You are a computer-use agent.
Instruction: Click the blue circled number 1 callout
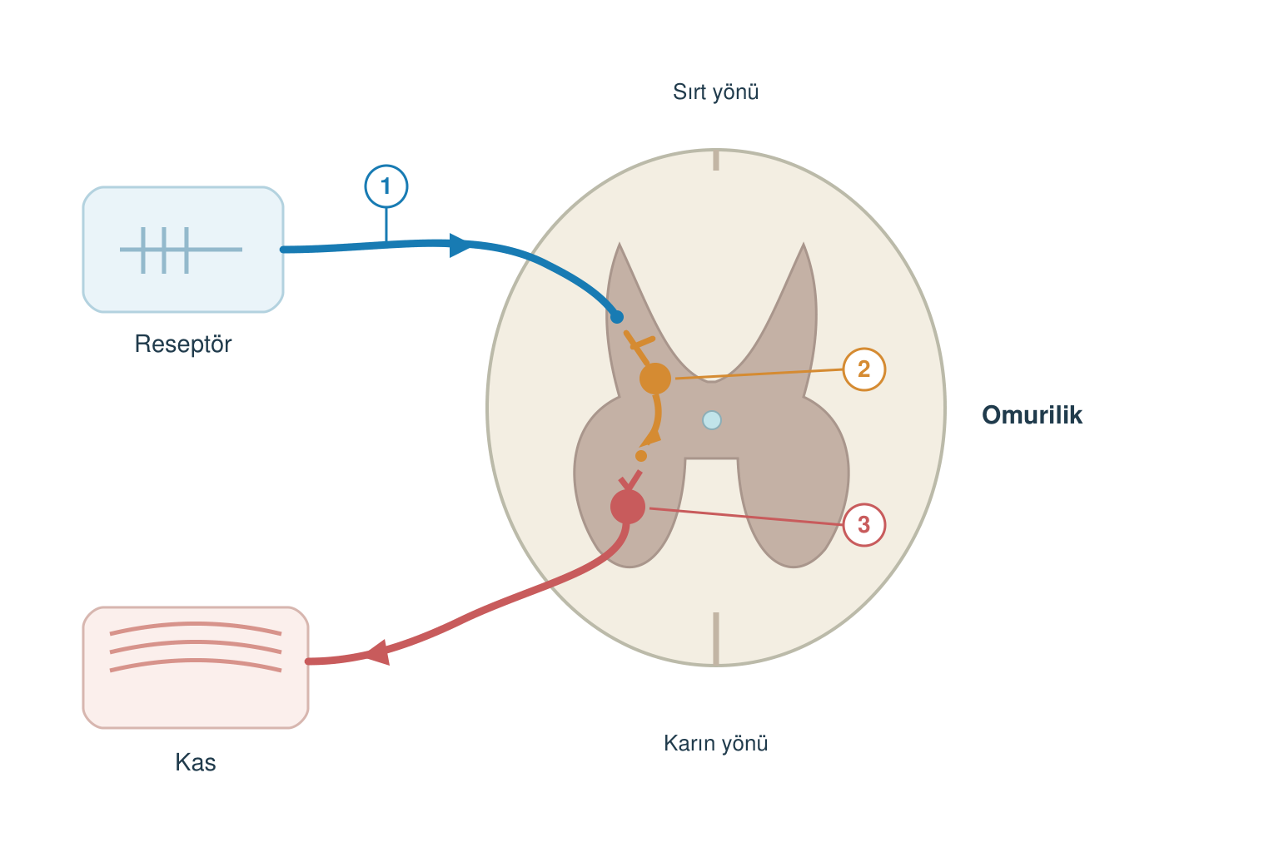pos(386,186)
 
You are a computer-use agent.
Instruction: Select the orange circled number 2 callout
pos(863,369)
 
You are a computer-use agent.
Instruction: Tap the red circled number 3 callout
pos(863,524)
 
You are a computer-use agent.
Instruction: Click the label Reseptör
pos(183,344)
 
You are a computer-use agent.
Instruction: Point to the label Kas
pos(196,762)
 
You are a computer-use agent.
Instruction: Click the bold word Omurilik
pos(1032,415)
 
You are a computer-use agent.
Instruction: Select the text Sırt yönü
pos(715,92)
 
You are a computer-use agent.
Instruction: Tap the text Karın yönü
pos(715,744)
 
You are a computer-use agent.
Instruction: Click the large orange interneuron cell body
pos(655,379)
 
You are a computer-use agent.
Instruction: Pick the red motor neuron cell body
pos(628,507)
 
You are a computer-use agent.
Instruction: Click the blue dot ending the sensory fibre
pos(617,317)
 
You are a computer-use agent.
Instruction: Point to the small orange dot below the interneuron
pos(641,456)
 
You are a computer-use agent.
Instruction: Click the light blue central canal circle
pos(711,420)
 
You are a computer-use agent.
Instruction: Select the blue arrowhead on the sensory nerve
pos(459,245)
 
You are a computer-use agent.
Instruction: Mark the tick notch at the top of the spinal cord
pos(716,161)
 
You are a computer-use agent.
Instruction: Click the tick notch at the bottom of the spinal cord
pos(716,638)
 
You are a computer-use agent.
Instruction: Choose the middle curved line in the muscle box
pos(196,646)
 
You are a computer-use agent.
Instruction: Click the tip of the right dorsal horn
pos(804,244)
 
